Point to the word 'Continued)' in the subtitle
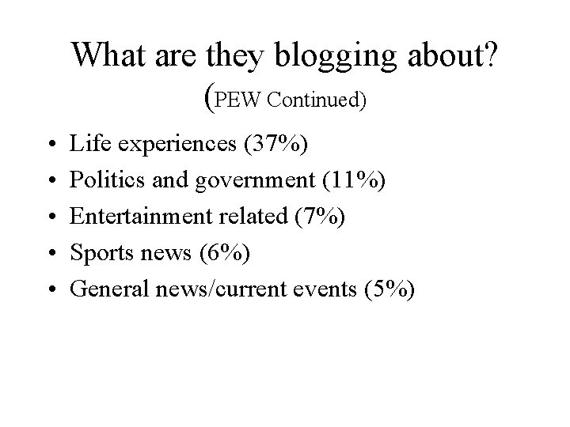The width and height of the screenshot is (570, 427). pyautogui.click(x=317, y=100)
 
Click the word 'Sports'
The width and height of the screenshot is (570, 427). pyautogui.click(x=97, y=254)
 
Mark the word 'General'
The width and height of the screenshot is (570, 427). pyautogui.click(x=104, y=289)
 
